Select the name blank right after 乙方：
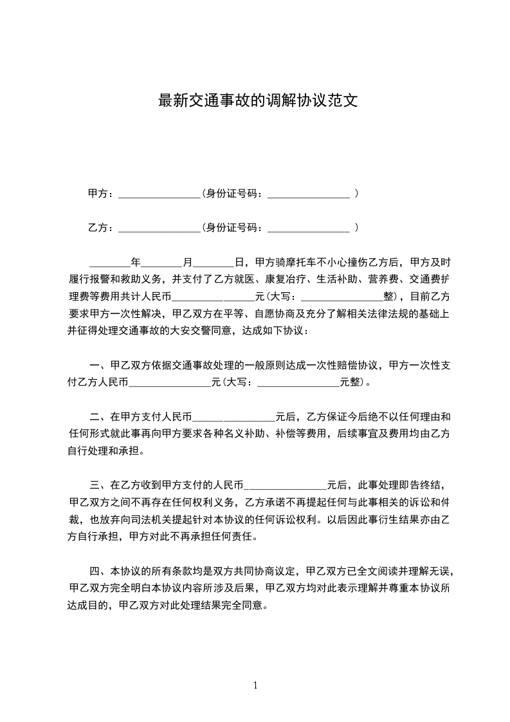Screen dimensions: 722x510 tap(159, 228)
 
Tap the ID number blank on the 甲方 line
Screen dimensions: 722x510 tap(309, 193)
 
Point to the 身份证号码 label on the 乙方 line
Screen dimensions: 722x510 tap(233, 228)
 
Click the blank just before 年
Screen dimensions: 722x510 tap(109, 263)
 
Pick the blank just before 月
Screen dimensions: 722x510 tap(161, 263)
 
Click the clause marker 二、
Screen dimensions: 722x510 tap(99, 416)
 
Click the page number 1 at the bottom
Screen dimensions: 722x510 tap(255, 686)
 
